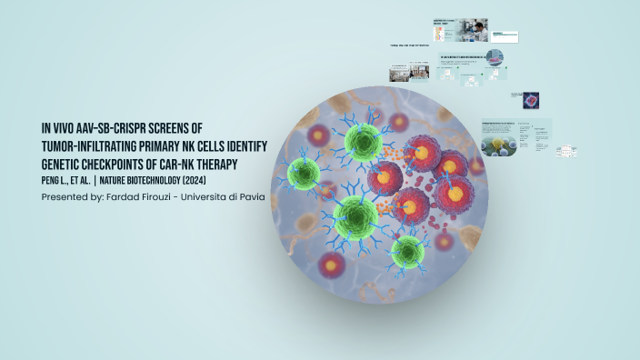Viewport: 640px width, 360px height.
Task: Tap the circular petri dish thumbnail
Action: (x=495, y=58)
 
